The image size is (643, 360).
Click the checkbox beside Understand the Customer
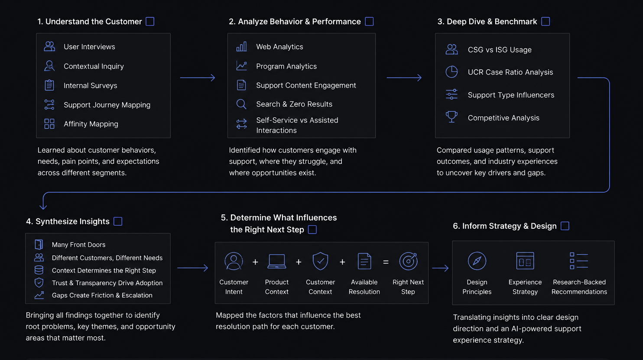pos(150,22)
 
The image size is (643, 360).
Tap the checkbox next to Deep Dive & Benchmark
pos(546,22)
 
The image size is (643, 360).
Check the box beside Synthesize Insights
pos(118,221)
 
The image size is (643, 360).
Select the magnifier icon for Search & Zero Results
pos(241,104)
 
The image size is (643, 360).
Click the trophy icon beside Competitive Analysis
pos(451,117)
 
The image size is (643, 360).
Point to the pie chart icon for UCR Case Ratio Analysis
pos(451,72)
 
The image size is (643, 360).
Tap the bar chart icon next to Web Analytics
pos(241,46)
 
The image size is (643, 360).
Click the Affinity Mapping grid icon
pos(49,124)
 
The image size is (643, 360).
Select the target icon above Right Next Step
pos(408,261)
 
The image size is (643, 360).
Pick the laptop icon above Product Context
pos(277,261)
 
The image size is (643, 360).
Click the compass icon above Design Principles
pos(477,261)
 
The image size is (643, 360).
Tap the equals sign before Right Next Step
pos(386,262)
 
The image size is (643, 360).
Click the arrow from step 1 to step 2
pos(198,78)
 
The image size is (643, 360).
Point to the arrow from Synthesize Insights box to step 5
pos(193,268)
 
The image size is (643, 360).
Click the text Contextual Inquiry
pos(94,66)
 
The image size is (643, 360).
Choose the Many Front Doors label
pos(79,245)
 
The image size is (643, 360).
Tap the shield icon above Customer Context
pos(320,261)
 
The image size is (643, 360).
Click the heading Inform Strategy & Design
pos(505,226)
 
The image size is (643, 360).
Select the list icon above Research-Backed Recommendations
pos(579,261)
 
